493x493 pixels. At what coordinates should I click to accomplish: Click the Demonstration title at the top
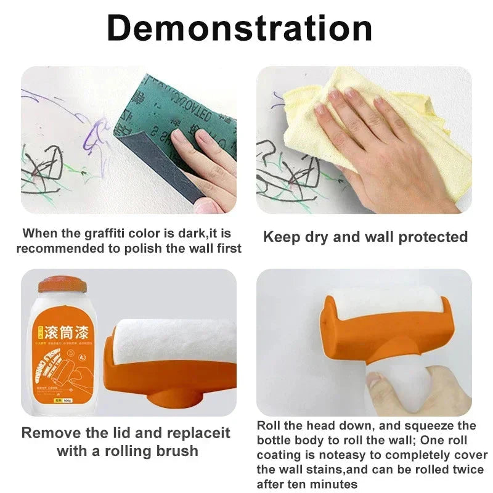tap(240, 28)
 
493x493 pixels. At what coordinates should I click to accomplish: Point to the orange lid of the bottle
tap(62, 284)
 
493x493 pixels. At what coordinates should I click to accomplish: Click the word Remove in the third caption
tap(50, 433)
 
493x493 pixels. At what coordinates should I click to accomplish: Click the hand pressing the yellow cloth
tap(370, 142)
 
